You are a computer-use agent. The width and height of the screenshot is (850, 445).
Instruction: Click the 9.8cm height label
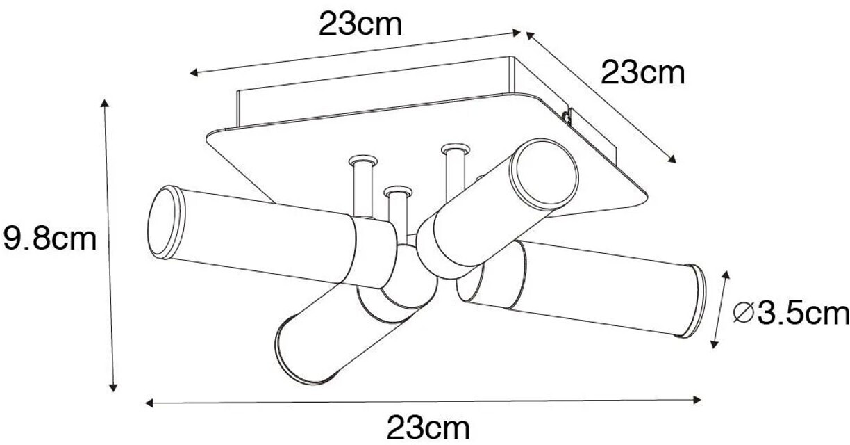pyautogui.click(x=50, y=238)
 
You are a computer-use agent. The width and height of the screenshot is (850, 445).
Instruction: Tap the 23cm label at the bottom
pyautogui.click(x=428, y=428)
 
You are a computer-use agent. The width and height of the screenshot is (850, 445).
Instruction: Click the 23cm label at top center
pyautogui.click(x=360, y=25)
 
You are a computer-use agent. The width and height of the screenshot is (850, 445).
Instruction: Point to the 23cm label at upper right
pyautogui.click(x=643, y=72)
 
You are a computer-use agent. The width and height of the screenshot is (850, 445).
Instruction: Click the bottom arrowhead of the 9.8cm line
pyautogui.click(x=112, y=387)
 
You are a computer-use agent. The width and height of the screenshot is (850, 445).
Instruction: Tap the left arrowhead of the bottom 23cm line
pyautogui.click(x=149, y=403)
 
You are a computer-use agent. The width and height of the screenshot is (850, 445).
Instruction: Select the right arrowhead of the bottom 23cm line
pyautogui.click(x=697, y=400)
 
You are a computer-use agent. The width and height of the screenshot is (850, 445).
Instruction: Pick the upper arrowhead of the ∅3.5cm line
pyautogui.click(x=726, y=275)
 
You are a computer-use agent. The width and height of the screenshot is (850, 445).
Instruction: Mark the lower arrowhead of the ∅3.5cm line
pyautogui.click(x=714, y=344)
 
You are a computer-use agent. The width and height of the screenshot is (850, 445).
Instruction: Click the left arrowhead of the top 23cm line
pyautogui.click(x=194, y=72)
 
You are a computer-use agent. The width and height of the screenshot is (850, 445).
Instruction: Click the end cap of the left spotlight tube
pyautogui.click(x=166, y=222)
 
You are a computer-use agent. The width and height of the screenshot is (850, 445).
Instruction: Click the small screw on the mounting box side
pyautogui.click(x=567, y=116)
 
